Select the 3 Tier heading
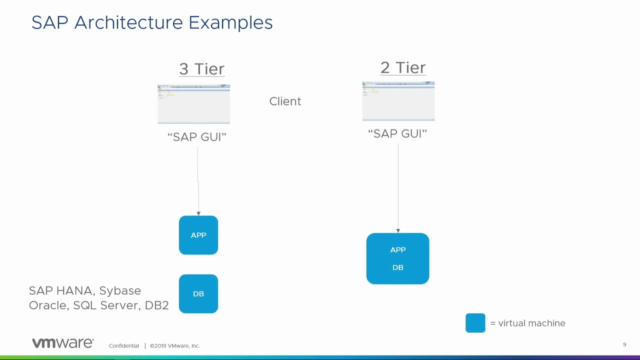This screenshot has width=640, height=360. (x=201, y=69)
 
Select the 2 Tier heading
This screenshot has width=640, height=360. (x=402, y=67)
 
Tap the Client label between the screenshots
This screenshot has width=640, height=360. (x=285, y=101)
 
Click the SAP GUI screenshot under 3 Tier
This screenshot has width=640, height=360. (x=193, y=104)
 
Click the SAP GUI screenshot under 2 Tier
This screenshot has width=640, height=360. (x=398, y=101)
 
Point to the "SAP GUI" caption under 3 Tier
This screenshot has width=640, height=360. (x=196, y=137)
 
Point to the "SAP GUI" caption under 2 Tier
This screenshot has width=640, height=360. (x=397, y=133)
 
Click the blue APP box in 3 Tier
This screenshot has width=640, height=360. (x=198, y=235)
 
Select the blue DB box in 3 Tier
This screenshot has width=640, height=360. (x=198, y=293)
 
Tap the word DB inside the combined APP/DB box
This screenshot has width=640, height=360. (x=397, y=267)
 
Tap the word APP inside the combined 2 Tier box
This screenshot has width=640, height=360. (x=397, y=249)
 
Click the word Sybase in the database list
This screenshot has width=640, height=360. (x=120, y=291)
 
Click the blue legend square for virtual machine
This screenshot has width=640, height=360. (x=475, y=323)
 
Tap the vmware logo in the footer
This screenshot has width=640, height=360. (x=62, y=343)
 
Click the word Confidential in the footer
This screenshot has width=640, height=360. (x=123, y=345)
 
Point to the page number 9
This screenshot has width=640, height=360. (x=624, y=344)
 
